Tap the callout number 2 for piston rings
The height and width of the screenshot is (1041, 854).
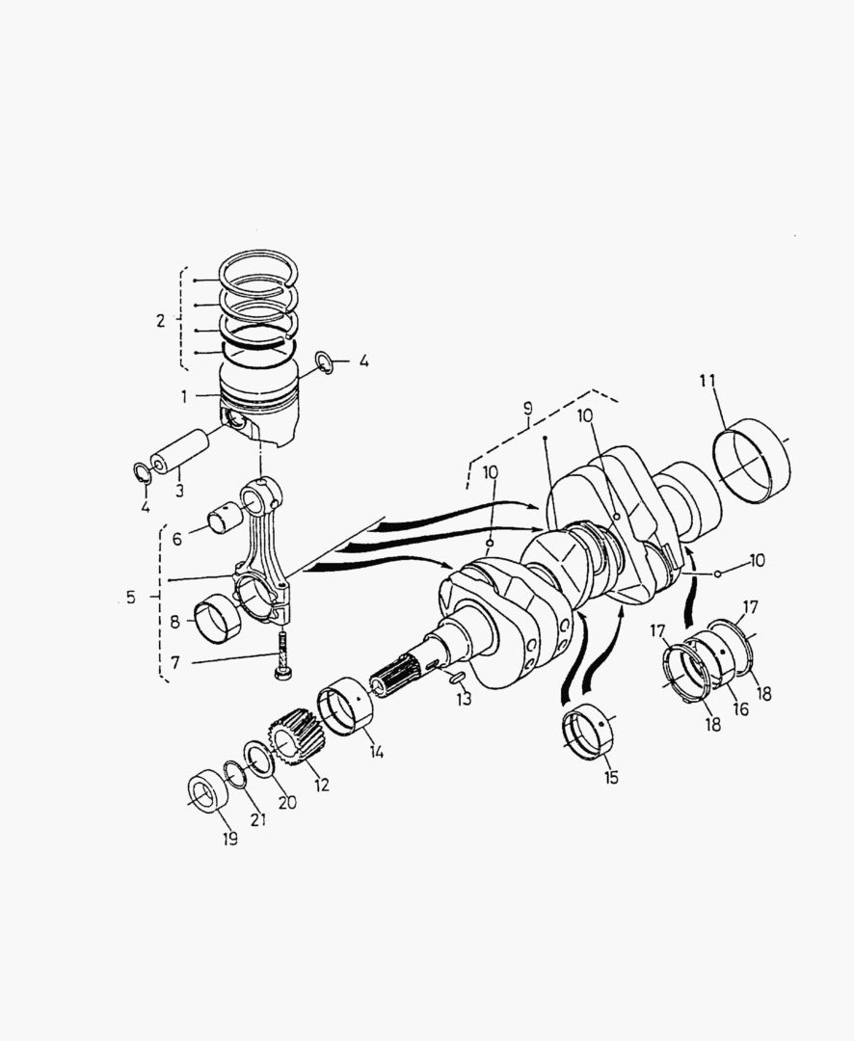coord(161,320)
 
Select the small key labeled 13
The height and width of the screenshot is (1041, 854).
coord(456,679)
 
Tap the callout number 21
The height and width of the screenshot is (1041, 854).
coord(256,819)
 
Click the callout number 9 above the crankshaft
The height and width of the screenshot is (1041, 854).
coord(527,409)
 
